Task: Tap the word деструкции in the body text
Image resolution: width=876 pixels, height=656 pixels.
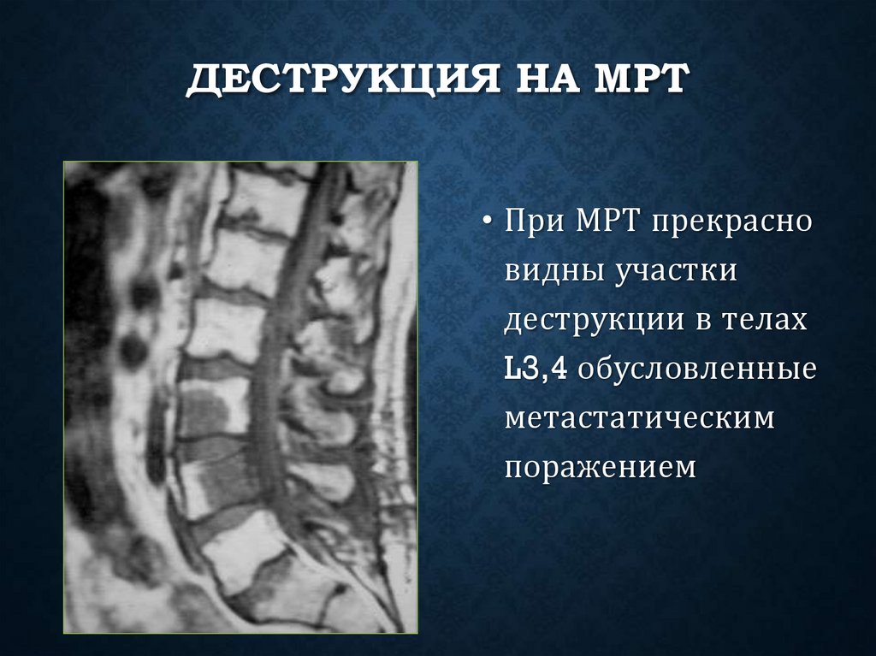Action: pos(591,322)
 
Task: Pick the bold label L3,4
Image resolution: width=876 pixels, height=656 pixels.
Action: pos(536,371)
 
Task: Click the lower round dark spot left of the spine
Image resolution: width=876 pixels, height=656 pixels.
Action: pos(133,348)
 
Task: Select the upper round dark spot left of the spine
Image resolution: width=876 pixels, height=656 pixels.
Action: pos(144,293)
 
